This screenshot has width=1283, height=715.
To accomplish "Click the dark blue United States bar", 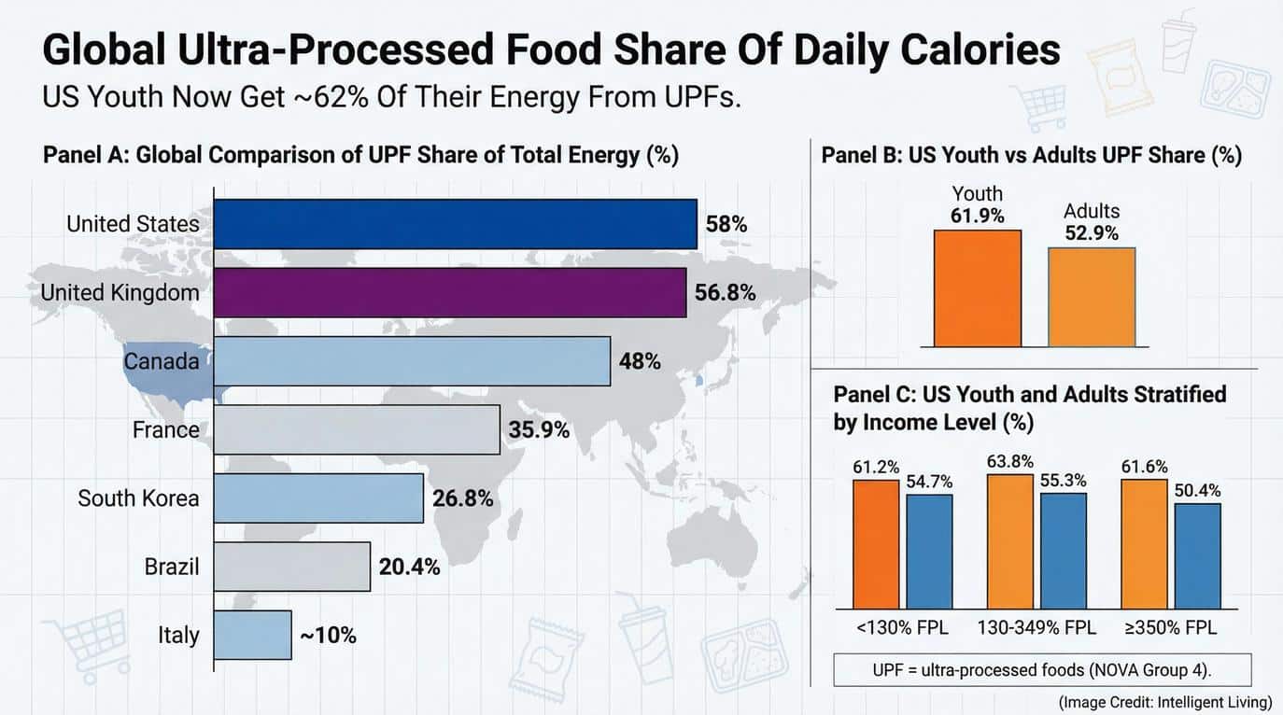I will point(455,224).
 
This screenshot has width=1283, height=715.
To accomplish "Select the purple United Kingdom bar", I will point(449,292).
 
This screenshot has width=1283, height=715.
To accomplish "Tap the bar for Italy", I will point(252,636).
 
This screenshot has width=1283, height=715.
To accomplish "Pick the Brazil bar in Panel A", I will point(291,567).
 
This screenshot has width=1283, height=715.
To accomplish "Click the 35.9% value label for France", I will point(539,430).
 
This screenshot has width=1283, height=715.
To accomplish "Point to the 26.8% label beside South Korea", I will point(462,498).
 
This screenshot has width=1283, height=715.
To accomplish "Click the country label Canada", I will point(161,361).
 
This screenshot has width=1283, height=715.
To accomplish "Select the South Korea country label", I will point(138,498).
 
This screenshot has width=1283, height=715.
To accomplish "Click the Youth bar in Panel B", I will point(977,287).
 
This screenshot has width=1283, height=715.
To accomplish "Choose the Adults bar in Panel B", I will point(1092,297).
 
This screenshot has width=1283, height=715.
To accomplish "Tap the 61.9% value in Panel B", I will point(977,217).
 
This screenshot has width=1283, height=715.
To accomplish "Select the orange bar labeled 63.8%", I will point(1010,540).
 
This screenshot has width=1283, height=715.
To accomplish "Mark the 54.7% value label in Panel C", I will point(929,482).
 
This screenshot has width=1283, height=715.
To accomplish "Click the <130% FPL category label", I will point(903,627).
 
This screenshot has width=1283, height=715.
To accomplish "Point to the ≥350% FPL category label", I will point(1172,627).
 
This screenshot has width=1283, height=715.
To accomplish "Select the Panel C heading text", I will point(1029,408).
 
